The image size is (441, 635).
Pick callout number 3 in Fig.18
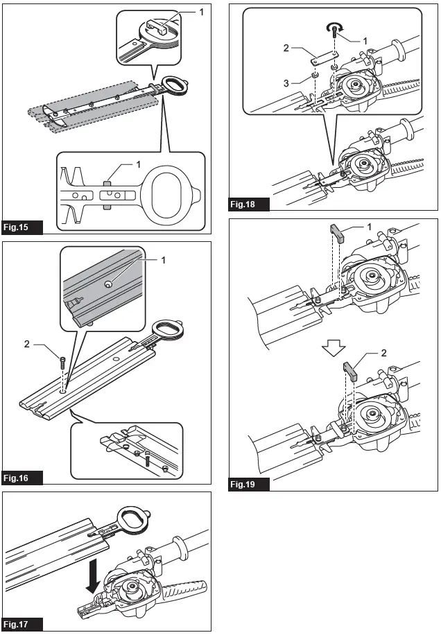(x=286, y=84)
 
